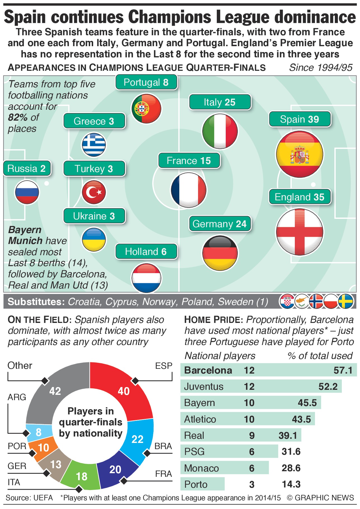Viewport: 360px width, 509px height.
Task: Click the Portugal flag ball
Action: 146,109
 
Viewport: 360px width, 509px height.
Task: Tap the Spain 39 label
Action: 300,119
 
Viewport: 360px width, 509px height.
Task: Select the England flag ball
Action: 300,232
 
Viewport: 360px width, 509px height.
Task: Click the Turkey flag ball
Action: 94,192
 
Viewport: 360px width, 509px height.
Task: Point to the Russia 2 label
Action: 27,168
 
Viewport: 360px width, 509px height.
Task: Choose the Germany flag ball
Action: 220,253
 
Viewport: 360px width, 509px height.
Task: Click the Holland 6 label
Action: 146,252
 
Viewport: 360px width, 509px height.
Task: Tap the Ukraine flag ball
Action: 94,240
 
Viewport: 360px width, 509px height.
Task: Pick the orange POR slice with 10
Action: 43,448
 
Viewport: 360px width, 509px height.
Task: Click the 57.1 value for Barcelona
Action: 343,370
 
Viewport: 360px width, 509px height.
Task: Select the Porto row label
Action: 196,484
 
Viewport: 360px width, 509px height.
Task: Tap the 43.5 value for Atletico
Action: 301,419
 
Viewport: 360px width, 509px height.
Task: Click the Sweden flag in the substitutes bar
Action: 346,301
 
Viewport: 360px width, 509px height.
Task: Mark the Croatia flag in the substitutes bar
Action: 287,301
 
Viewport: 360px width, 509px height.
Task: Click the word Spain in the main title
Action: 25,17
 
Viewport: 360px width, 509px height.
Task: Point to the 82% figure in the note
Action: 17,118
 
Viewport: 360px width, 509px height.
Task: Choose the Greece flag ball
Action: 94,145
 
